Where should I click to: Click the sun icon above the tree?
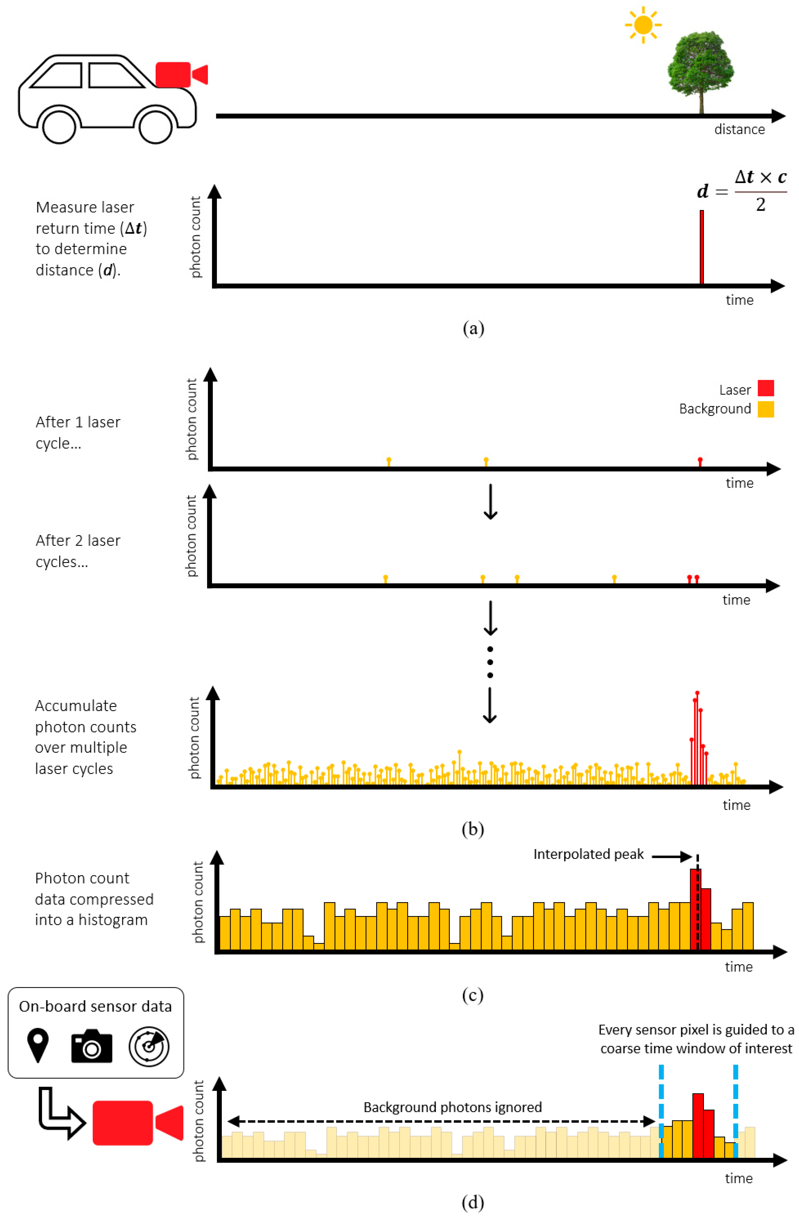pyautogui.click(x=643, y=25)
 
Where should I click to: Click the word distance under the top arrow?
pyautogui.click(x=739, y=130)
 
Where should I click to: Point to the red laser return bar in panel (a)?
pyautogui.click(x=701, y=247)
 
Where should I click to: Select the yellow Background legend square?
pyautogui.click(x=766, y=409)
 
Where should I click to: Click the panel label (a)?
pyautogui.click(x=473, y=328)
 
